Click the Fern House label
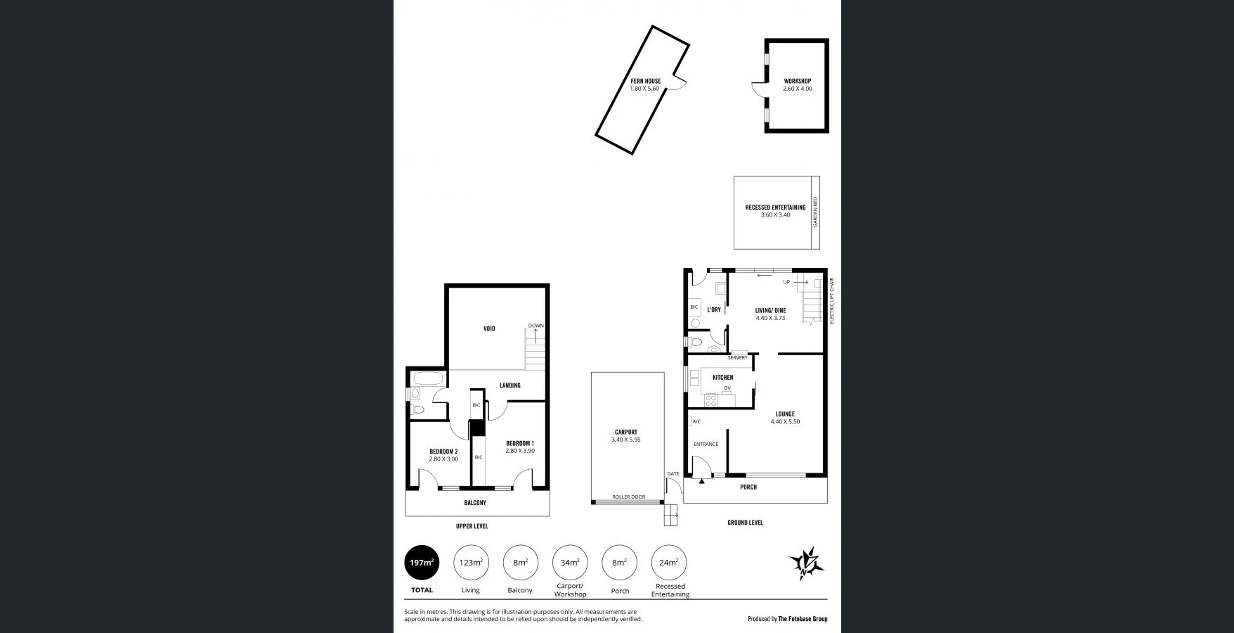pos(644,82)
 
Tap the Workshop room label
pos(797,82)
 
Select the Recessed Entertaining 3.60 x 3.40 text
pos(775,211)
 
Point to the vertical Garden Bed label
pos(816,212)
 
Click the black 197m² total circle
pos(422,563)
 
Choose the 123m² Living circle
pos(471,563)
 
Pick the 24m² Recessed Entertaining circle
pos(669,563)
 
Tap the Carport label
pos(625,433)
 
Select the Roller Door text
pos(628,497)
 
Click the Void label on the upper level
pos(489,328)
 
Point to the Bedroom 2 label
pos(443,452)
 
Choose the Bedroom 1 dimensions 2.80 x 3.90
pos(520,451)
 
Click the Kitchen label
pos(722,378)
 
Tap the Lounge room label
pos(785,414)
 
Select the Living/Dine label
pos(770,310)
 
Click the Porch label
pos(748,487)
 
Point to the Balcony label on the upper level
pos(475,503)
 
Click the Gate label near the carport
pos(673,474)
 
